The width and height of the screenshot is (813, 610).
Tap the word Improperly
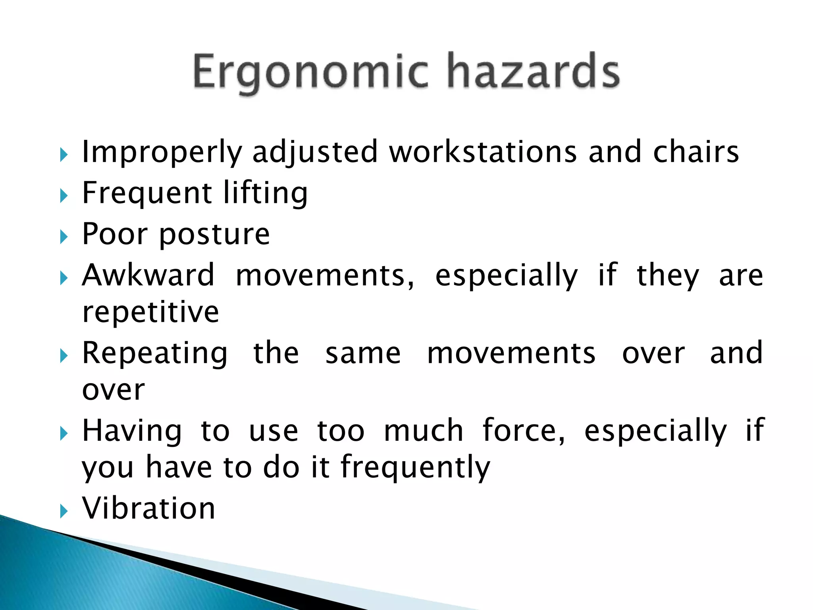[x=162, y=152]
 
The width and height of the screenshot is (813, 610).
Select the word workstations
[x=483, y=152]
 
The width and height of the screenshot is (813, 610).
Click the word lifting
[x=265, y=193]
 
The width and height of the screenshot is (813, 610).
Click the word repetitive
[x=150, y=313]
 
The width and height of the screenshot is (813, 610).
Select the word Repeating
[x=155, y=353]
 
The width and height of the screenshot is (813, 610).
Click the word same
[x=363, y=353]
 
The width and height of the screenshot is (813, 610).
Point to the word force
[x=523, y=430]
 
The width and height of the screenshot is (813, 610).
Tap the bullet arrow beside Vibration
[x=64, y=511]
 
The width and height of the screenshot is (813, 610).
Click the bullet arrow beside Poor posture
[x=64, y=237]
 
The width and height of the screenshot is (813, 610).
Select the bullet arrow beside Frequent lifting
[x=64, y=196]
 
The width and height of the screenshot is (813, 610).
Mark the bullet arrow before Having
[x=64, y=433]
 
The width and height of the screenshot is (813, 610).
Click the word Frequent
[x=147, y=193]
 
